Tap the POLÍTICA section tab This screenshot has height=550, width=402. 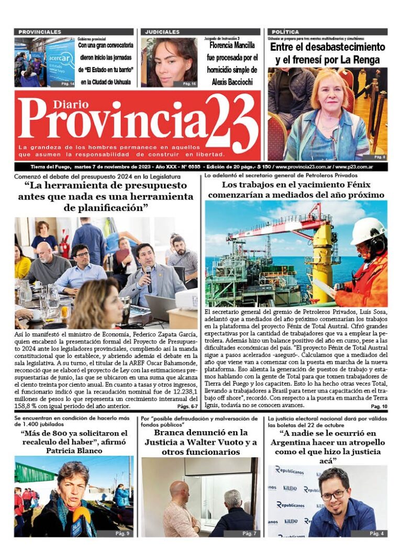point(286,32)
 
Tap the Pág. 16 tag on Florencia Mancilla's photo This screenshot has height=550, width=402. point(189,84)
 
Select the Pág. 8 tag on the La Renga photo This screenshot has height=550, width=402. point(379,157)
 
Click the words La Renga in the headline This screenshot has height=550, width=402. point(358,60)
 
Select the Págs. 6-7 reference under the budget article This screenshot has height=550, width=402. point(187,406)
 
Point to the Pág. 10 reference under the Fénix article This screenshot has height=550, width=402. point(378,406)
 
